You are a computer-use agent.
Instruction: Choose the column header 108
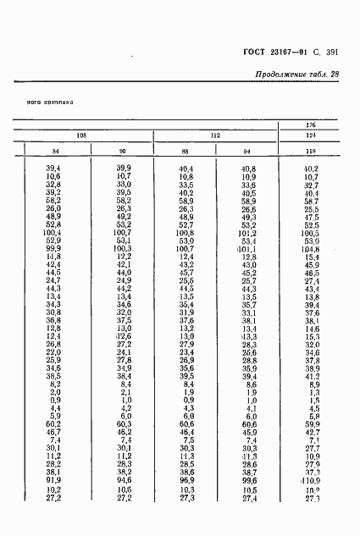point(80,136)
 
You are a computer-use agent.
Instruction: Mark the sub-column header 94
point(247,152)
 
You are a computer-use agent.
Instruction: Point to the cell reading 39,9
point(124,169)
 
